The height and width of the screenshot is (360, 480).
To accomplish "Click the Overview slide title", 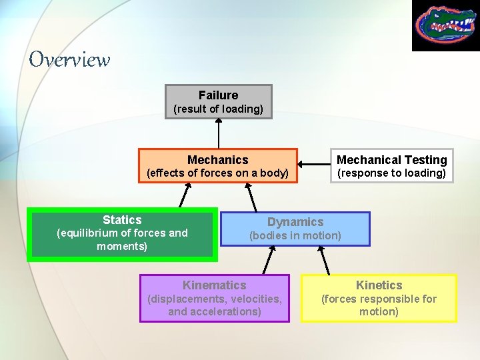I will click(69, 59).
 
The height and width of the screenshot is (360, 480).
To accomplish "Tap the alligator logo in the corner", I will click(445, 25).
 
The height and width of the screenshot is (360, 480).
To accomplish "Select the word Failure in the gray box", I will click(218, 95).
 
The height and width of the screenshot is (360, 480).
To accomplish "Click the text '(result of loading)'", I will click(218, 109).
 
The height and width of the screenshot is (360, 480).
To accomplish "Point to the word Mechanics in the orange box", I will click(217, 160).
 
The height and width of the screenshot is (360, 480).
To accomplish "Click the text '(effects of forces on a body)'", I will click(217, 173).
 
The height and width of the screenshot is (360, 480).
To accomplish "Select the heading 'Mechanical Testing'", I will click(391, 160).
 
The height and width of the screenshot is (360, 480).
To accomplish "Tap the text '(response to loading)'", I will click(391, 173).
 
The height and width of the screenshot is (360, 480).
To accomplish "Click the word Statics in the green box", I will click(122, 220).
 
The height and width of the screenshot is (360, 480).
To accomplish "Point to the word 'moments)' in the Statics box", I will click(122, 247).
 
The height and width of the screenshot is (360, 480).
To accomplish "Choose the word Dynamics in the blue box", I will click(295, 222).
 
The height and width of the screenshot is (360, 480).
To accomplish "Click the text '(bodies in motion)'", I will click(295, 235).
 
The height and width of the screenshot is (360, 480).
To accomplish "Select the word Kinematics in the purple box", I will click(214, 285).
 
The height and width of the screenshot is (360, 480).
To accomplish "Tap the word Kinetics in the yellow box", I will click(379, 285).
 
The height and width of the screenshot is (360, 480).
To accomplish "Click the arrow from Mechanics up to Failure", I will click(218, 133).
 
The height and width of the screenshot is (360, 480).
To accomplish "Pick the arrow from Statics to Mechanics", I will click(184, 196).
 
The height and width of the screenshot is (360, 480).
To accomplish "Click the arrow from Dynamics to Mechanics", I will click(252, 197).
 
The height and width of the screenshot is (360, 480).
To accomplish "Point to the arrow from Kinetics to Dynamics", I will click(323, 260).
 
